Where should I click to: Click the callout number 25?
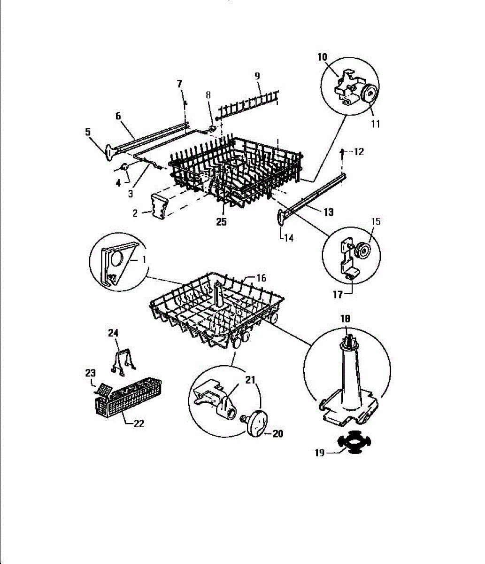coord(221,222)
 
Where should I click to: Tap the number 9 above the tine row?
coord(257,76)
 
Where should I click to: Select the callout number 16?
coord(261,278)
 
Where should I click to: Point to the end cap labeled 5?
coord(109,151)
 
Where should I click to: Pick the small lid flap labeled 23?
coord(103,389)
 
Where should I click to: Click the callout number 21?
coord(251,379)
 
